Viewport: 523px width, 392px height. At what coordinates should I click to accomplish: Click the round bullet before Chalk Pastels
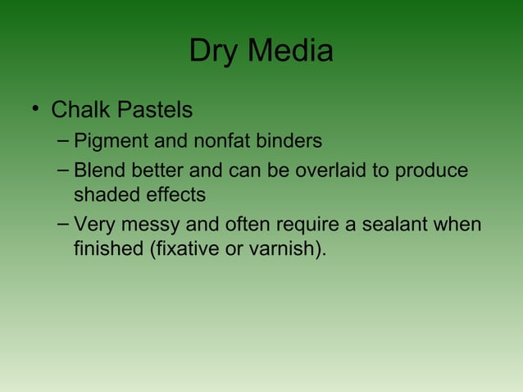35,110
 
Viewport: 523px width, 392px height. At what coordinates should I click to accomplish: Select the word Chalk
81,109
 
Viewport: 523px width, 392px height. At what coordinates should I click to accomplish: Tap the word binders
288,141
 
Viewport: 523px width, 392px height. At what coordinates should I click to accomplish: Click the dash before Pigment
64,140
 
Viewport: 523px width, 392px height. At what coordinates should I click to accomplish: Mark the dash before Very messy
64,223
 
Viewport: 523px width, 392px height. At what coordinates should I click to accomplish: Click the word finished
107,248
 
